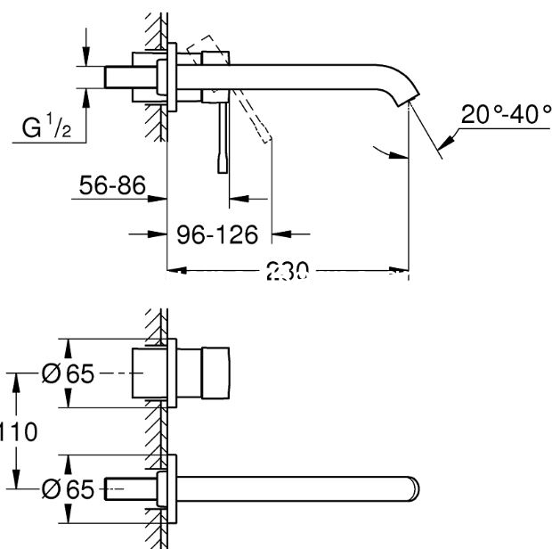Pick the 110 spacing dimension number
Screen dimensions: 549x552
(18, 432)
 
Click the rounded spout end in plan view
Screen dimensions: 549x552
(412, 489)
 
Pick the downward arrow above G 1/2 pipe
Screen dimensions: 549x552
(85, 57)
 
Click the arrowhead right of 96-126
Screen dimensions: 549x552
(279, 235)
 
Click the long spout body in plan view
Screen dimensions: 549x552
(294, 489)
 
